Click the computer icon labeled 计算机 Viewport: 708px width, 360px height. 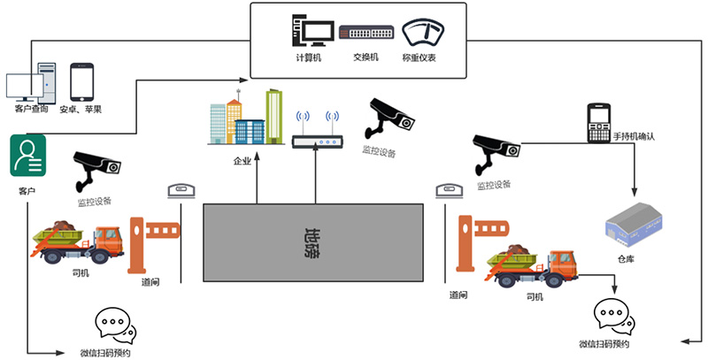[308, 32]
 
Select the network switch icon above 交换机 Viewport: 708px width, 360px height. [365, 33]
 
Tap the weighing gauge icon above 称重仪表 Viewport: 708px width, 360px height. [421, 33]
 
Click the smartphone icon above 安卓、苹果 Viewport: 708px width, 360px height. [81, 81]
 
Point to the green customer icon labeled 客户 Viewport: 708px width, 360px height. [27, 157]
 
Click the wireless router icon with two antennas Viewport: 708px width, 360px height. [317, 130]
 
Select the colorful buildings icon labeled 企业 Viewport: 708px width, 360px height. [245, 118]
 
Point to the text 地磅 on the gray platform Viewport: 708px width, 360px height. [313, 241]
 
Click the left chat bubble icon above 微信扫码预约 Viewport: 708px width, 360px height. [115, 326]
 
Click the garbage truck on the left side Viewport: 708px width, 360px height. [77, 241]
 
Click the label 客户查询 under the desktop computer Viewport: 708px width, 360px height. [31, 108]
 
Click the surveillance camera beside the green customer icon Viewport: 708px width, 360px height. [96, 166]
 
